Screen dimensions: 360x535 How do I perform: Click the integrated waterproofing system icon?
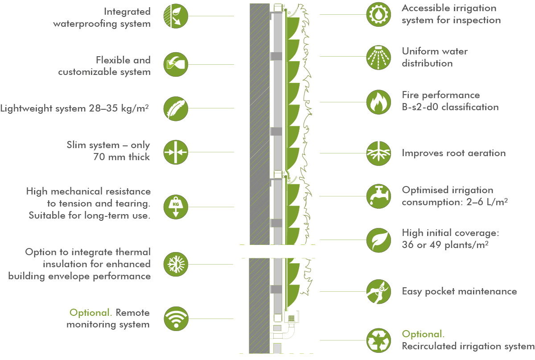(176, 17)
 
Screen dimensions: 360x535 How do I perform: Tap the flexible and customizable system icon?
(176, 65)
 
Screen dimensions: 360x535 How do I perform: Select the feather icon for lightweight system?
(176, 109)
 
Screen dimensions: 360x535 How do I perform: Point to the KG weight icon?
(176, 207)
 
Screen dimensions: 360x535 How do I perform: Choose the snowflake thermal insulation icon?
(176, 264)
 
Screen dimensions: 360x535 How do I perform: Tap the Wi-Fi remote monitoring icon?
(176, 319)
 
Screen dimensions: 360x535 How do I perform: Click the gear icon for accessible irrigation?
(379, 14)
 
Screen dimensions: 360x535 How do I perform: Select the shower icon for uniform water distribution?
(379, 57)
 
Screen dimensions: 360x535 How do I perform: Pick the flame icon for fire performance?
(379, 102)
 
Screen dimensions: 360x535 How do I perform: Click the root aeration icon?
(379, 153)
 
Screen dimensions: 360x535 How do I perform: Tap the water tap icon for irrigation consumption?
(379, 196)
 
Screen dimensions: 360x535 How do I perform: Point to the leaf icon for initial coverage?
(379, 240)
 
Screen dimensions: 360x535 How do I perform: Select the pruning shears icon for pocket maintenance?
(379, 292)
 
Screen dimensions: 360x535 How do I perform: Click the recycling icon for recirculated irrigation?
(379, 340)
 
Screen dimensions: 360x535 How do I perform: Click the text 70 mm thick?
(122, 157)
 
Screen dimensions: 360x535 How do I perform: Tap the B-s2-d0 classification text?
(450, 107)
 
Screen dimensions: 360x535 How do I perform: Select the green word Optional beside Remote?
(91, 313)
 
